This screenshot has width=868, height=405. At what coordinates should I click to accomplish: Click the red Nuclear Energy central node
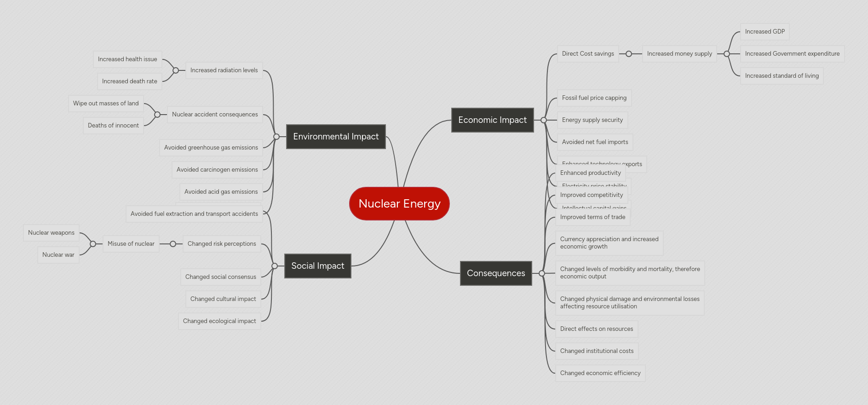pos(399,203)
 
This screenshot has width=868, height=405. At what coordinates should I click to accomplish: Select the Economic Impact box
pos(492,120)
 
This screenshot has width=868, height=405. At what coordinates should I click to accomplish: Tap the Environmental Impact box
pos(336,137)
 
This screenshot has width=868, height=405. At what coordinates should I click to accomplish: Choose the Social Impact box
pos(317,266)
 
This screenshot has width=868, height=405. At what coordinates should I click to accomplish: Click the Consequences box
pos(496,273)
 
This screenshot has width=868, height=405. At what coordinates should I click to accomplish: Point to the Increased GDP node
pos(765,32)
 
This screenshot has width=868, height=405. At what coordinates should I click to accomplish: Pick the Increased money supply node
pos(679,54)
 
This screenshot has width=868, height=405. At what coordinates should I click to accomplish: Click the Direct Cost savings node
pos(587,54)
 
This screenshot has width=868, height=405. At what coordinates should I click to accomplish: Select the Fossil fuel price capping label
pos(594,98)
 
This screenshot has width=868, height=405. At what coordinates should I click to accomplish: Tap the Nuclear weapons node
pos(51,233)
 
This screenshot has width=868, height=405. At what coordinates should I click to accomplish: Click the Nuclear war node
pos(58,255)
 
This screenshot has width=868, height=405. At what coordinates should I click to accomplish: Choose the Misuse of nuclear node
pos(131,244)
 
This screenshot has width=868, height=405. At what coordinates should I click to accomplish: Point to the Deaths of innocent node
pos(113,126)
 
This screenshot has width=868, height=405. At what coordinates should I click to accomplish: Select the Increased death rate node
pos(129,81)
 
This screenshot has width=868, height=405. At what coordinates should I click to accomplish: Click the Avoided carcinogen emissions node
pos(217,170)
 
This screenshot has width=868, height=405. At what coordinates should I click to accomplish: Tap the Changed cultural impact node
pos(223,299)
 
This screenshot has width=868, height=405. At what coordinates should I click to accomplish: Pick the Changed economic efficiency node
pos(600,373)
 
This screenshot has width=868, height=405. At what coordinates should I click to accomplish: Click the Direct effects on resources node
pos(596,329)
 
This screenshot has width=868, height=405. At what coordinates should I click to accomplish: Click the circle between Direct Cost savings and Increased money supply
pos(629,54)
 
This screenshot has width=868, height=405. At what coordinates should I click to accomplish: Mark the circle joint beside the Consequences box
pos(542,273)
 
